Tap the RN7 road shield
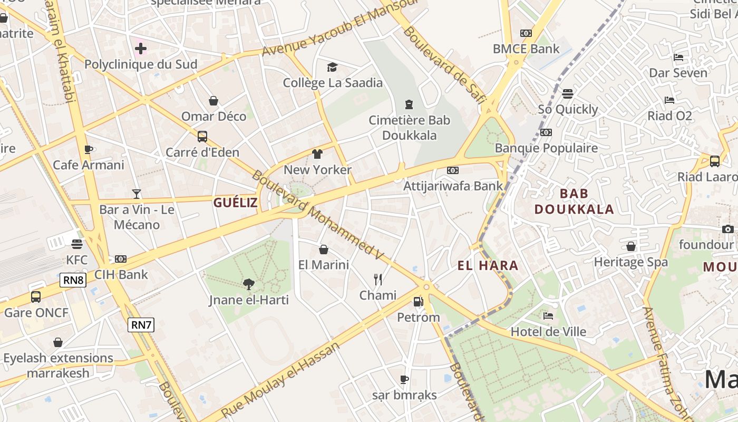pyautogui.click(x=141, y=325)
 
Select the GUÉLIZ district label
pyautogui.click(x=235, y=203)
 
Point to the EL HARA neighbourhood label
pyautogui.click(x=488, y=265)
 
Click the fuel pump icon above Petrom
pyautogui.click(x=418, y=302)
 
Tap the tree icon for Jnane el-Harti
pyautogui.click(x=249, y=284)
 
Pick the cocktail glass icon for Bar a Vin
pyautogui.click(x=137, y=194)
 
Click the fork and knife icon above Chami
pyautogui.click(x=377, y=279)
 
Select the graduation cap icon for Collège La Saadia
pyautogui.click(x=332, y=67)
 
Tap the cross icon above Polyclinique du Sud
pyautogui.click(x=141, y=49)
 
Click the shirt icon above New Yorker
pyautogui.click(x=317, y=154)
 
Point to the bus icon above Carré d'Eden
pyautogui.click(x=202, y=137)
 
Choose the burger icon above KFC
pyautogui.click(x=77, y=244)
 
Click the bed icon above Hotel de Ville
pyautogui.click(x=548, y=316)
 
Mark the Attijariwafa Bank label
pyautogui.click(x=453, y=186)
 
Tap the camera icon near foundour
pyautogui.click(x=727, y=229)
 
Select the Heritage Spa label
pyautogui.click(x=630, y=262)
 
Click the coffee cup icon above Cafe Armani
pyautogui.click(x=89, y=149)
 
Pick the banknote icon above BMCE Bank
pyautogui.click(x=526, y=33)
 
